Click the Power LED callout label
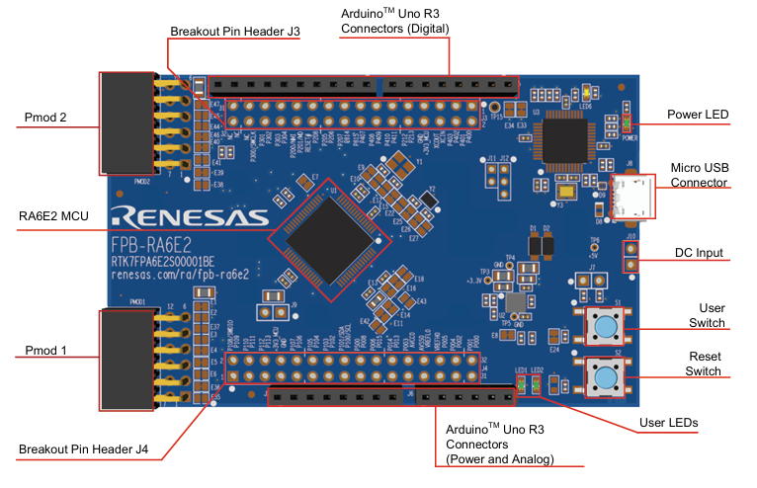698,116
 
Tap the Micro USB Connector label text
701,175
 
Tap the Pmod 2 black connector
126,122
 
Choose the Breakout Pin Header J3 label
234,32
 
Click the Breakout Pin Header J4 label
83,450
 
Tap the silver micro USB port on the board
630,198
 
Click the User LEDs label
668,423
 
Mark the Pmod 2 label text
45,119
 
